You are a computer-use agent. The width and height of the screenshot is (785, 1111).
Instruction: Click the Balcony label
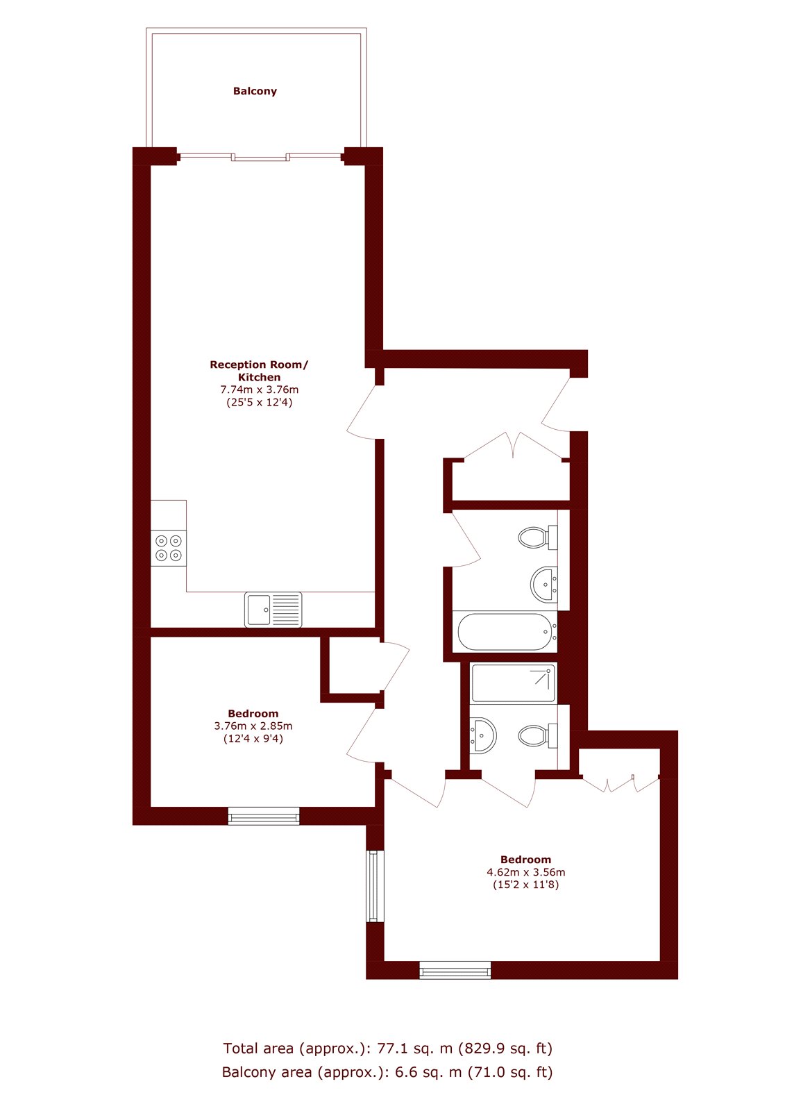tap(255, 91)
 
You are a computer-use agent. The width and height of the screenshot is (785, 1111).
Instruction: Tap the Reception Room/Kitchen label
tap(259, 371)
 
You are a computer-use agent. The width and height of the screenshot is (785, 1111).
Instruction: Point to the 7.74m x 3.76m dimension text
tap(260, 390)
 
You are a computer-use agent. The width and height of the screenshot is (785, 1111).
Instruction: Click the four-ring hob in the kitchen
tap(169, 548)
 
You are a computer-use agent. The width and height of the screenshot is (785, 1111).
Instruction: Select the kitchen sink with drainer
tap(273, 610)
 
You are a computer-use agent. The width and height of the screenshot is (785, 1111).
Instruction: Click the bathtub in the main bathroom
tap(505, 631)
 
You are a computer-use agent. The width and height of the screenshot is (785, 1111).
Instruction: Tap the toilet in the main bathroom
tap(538, 537)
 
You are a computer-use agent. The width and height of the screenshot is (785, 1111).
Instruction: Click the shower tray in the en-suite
tap(513, 683)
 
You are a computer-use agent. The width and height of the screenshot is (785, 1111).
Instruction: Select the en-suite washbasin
tap(483, 735)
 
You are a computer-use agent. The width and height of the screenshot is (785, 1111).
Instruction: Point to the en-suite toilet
tap(538, 735)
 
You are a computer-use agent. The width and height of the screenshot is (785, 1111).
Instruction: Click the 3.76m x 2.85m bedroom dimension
tap(253, 726)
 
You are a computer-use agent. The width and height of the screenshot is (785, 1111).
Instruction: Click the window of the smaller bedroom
tap(264, 816)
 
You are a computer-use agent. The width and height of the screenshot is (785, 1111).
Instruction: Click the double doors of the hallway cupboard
tap(513, 446)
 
